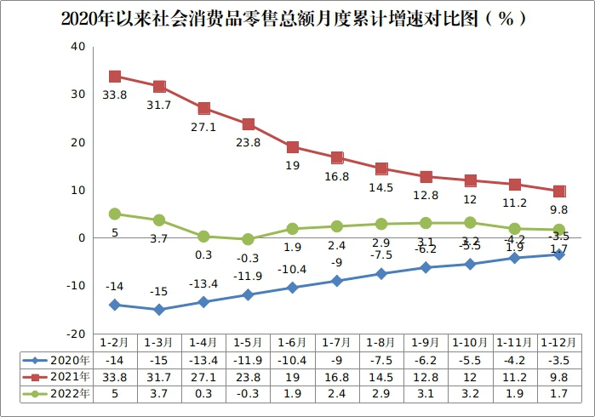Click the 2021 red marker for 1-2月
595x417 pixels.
point(115,77)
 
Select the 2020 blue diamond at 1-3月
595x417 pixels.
point(159,310)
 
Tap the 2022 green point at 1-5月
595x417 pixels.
point(248,239)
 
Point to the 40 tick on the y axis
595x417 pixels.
point(77,46)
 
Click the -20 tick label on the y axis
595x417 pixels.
point(76,334)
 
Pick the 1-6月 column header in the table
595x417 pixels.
point(292,342)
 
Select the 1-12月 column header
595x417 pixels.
point(558,342)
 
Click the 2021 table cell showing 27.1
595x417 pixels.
point(203,377)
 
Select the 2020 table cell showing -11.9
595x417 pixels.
point(248,359)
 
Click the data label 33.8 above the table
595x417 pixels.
point(115,95)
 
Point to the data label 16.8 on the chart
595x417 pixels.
point(337,177)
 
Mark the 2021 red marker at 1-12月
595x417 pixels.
point(559,191)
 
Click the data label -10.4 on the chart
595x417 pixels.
point(292,269)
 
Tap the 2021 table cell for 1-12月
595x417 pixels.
point(558,377)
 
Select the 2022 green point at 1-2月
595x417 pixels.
point(115,214)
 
